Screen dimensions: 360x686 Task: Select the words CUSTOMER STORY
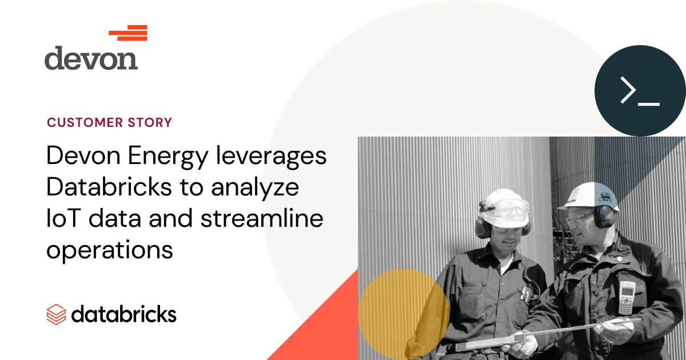[x=109, y=122]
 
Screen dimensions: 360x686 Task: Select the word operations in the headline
[x=110, y=250]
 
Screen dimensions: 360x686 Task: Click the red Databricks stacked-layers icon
[x=57, y=314]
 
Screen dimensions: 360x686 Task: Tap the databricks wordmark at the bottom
[x=124, y=314]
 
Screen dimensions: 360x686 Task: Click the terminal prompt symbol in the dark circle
[x=640, y=91]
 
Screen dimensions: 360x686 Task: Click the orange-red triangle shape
[x=320, y=331]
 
